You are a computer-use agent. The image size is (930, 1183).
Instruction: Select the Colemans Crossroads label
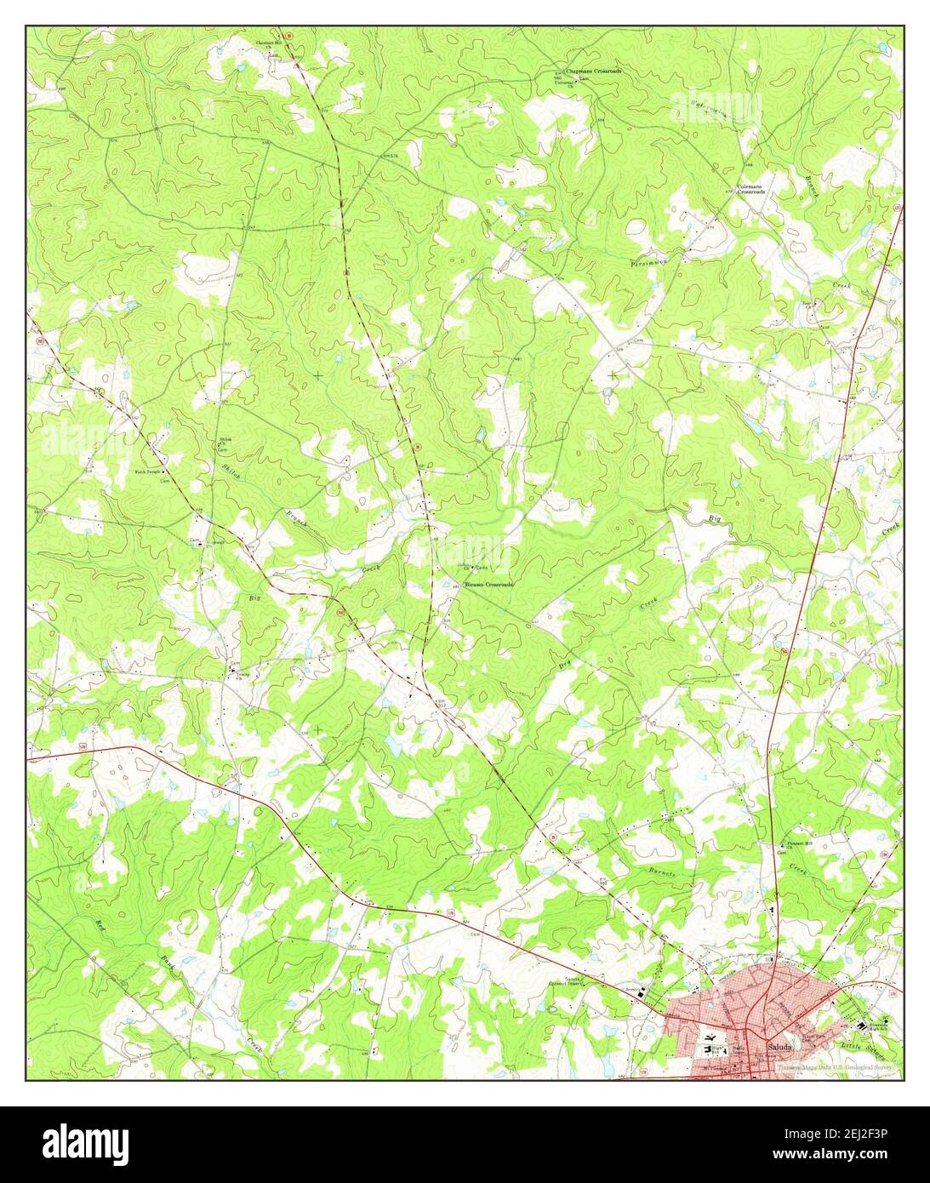click(x=751, y=190)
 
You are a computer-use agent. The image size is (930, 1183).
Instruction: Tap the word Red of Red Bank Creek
click(x=100, y=924)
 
